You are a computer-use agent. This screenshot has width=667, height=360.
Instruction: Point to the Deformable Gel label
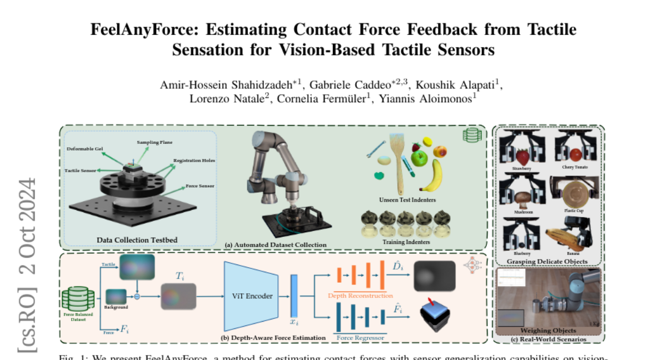pos(84,149)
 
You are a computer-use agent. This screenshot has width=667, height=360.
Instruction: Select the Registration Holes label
pos(194,161)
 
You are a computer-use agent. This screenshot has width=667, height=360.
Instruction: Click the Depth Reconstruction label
pos(361,296)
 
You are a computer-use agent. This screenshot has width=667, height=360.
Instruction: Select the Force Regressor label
pos(361,336)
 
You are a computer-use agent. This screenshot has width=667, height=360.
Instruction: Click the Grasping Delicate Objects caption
pos(547,261)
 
